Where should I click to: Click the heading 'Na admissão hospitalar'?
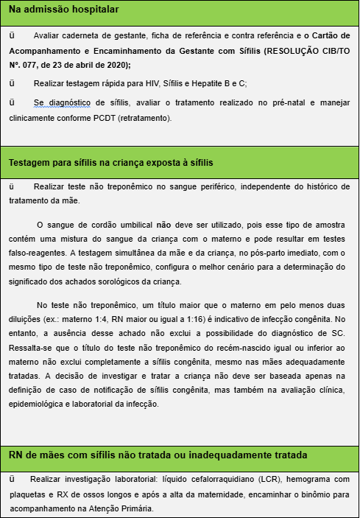[x=64, y=10]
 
